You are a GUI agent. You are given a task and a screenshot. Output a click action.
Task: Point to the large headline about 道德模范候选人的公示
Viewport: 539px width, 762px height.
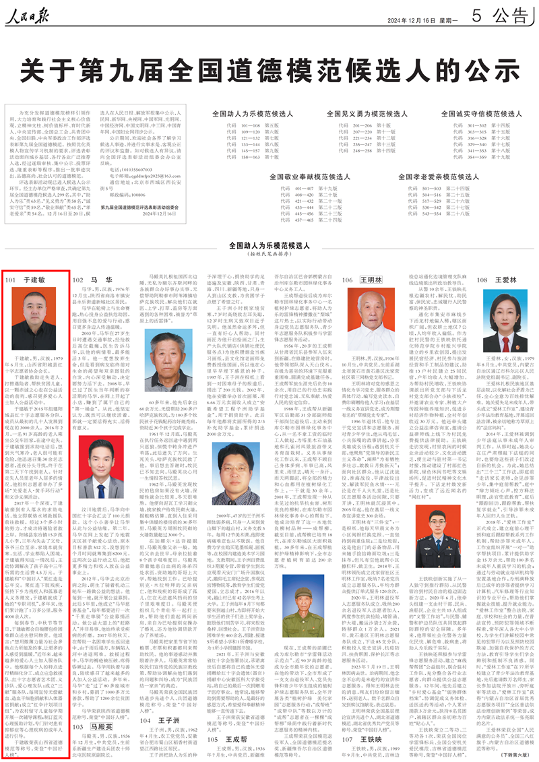pyautogui.click(x=269, y=69)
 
